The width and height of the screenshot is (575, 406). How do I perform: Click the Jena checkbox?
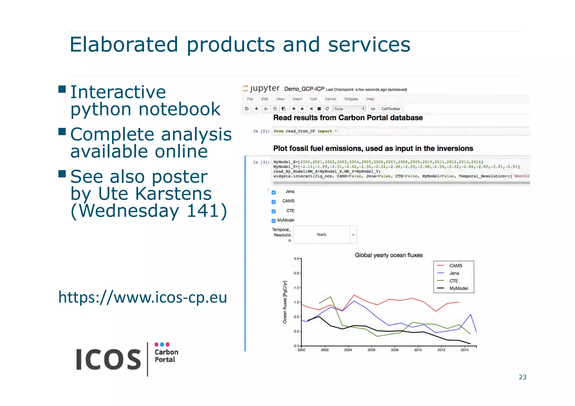[273, 192]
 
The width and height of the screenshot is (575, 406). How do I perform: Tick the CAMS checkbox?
[273, 202]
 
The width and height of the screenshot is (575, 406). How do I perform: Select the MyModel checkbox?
[273, 221]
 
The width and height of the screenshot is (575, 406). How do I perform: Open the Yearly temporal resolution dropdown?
[325, 235]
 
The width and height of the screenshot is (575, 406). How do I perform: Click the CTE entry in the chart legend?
[453, 281]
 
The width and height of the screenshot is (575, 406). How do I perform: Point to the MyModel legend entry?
[458, 288]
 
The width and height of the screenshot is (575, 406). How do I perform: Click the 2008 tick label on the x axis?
[394, 350]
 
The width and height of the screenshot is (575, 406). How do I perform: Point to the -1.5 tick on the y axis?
[296, 302]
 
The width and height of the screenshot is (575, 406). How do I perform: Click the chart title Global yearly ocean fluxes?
[389, 255]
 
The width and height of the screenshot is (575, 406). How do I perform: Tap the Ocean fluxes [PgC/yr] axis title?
[285, 302]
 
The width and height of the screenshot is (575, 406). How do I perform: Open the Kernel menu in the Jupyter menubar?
[330, 99]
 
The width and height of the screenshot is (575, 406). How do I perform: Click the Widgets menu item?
[351, 99]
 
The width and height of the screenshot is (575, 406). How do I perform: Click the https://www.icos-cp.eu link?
[143, 297]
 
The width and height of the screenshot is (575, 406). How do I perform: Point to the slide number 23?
[522, 377]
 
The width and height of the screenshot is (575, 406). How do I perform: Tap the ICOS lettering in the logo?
[108, 359]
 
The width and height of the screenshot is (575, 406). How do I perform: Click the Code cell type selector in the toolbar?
[349, 109]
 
